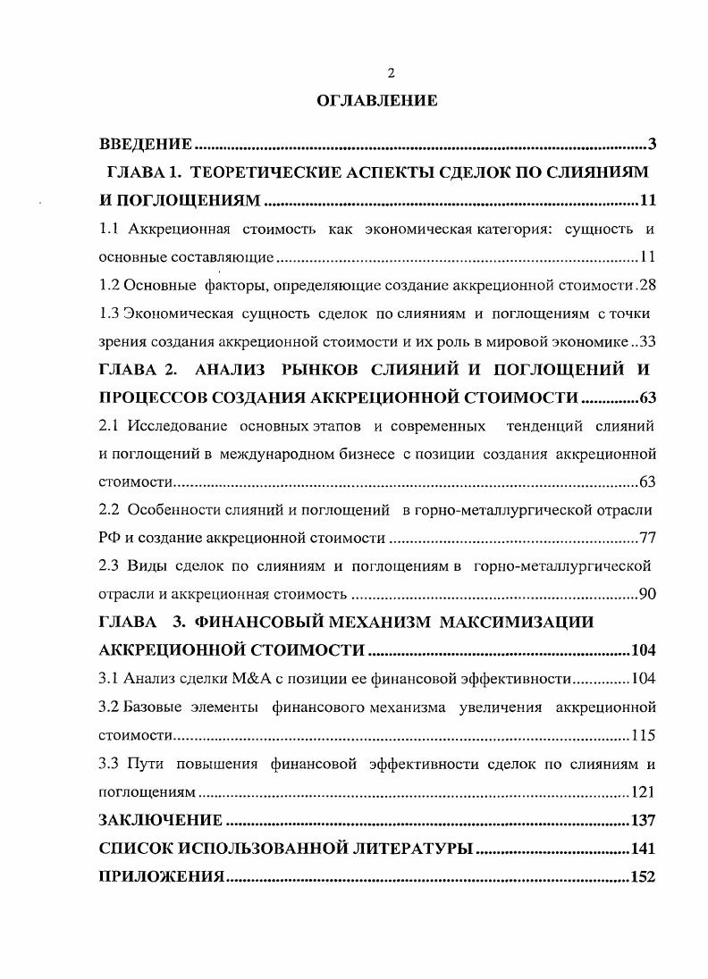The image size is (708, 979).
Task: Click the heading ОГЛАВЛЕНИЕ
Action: click(378, 101)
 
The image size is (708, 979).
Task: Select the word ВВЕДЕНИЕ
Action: click(145, 144)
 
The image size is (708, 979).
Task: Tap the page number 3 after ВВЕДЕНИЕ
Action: click(653, 144)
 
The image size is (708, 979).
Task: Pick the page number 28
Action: click(648, 286)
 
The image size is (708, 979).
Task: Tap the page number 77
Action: click(648, 539)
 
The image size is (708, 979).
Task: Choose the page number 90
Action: click(648, 594)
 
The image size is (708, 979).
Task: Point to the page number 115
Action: click(644, 736)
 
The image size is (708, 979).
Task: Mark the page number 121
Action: click(644, 792)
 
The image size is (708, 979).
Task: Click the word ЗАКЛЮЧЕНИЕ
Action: click(160, 820)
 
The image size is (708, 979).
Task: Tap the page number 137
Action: click(643, 820)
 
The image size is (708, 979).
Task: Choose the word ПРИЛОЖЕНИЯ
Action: click(161, 877)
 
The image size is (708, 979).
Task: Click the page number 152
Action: click(643, 877)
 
